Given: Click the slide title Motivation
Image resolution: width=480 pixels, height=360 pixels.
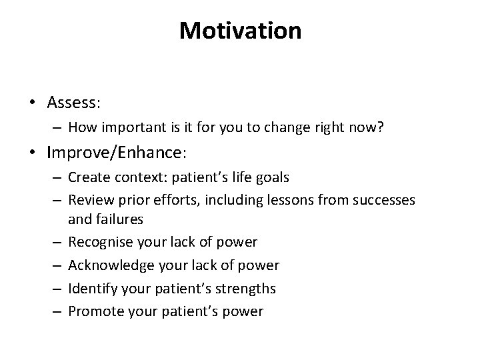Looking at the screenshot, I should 240,31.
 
